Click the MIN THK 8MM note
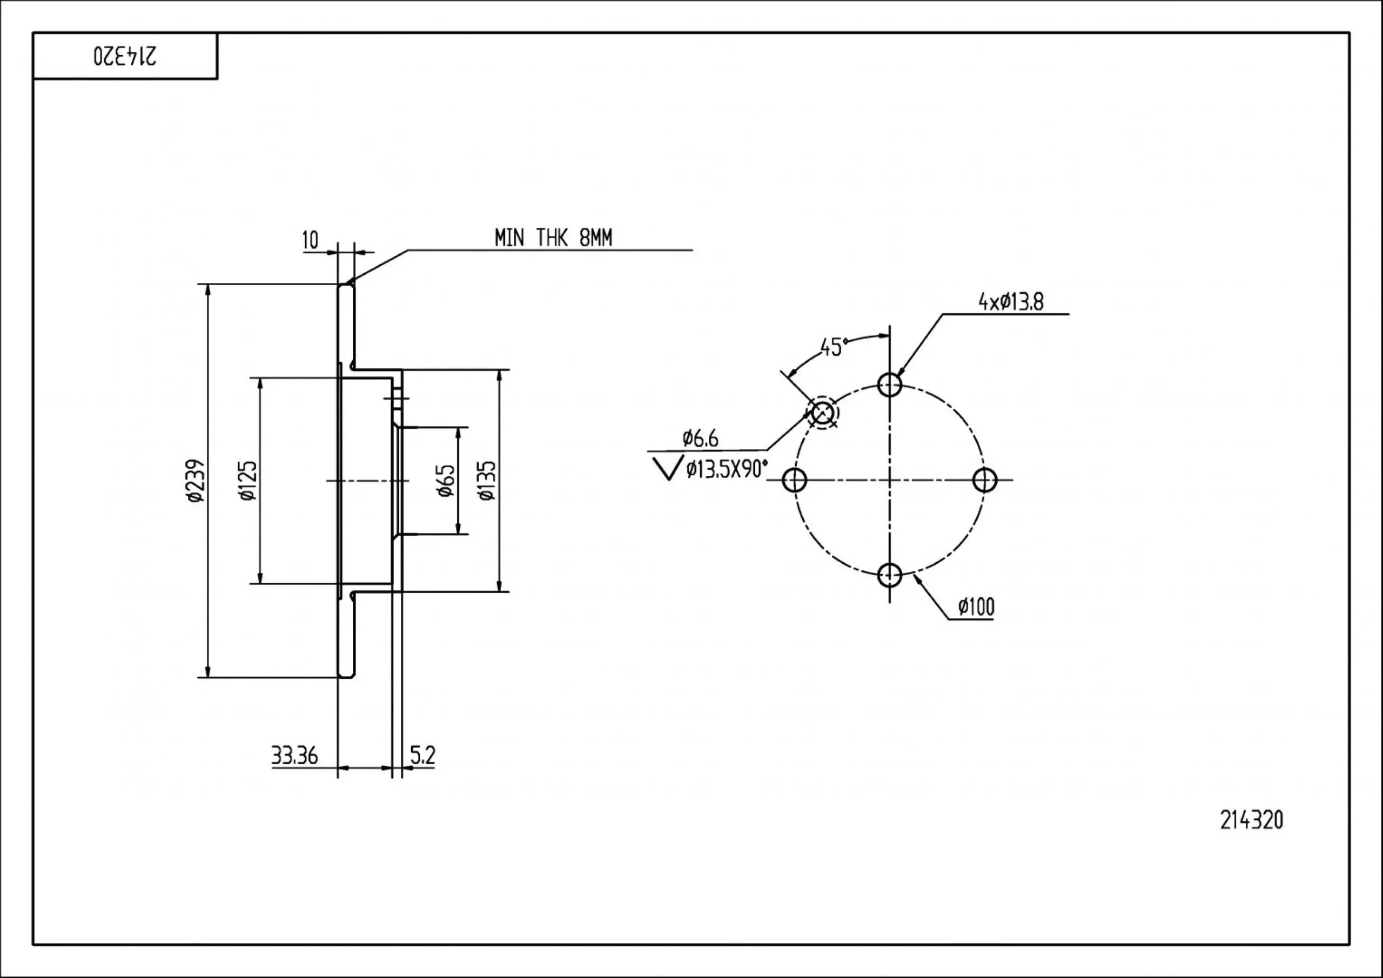pos(553,239)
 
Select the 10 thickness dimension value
pos(310,240)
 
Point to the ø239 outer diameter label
pos(196,481)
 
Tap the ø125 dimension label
pos(248,481)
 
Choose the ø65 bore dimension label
pos(446,481)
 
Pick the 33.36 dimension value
pos(294,755)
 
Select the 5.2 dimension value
pos(422,754)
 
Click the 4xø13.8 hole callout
pos(1011,302)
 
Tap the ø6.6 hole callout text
pos(700,439)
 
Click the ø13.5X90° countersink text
pos(727,469)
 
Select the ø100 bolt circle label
pos(976,606)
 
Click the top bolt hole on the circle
pos(890,383)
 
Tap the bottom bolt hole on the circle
pos(890,575)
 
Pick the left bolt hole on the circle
pos(795,480)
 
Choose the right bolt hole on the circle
pos(985,480)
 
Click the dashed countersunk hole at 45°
pos(822,413)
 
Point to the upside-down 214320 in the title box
pos(125,56)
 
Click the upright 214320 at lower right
pos(1252,820)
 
